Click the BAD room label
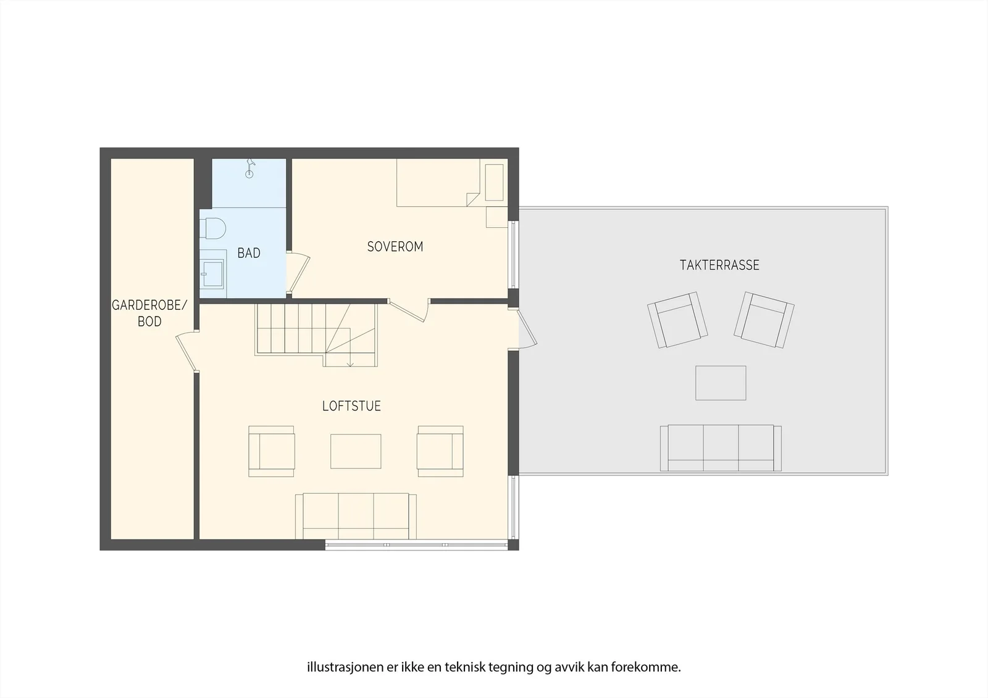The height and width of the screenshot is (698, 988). [x=249, y=253]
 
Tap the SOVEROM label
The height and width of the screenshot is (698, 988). [x=395, y=246]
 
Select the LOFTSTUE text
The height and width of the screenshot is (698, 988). [x=351, y=406]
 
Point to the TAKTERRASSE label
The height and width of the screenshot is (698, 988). [x=719, y=265]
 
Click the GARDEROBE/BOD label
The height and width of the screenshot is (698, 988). [x=149, y=313]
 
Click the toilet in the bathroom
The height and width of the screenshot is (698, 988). [x=212, y=228]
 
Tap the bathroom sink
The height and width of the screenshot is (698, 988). [x=212, y=273]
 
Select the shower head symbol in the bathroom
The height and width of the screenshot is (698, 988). [x=250, y=168]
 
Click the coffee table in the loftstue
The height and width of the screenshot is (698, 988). [x=356, y=451]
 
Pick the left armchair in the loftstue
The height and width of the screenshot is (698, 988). [x=271, y=451]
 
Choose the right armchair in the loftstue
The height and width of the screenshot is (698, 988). [x=440, y=451]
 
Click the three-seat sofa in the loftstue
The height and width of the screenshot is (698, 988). [x=356, y=516]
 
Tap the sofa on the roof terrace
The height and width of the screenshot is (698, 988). [x=721, y=448]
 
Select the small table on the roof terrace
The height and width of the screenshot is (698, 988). [x=721, y=383]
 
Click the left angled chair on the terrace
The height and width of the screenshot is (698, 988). [x=677, y=320]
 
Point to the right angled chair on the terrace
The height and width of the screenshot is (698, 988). [x=764, y=320]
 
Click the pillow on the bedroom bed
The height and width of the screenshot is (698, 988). [x=495, y=183]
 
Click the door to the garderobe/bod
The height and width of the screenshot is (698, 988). [x=187, y=352]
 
